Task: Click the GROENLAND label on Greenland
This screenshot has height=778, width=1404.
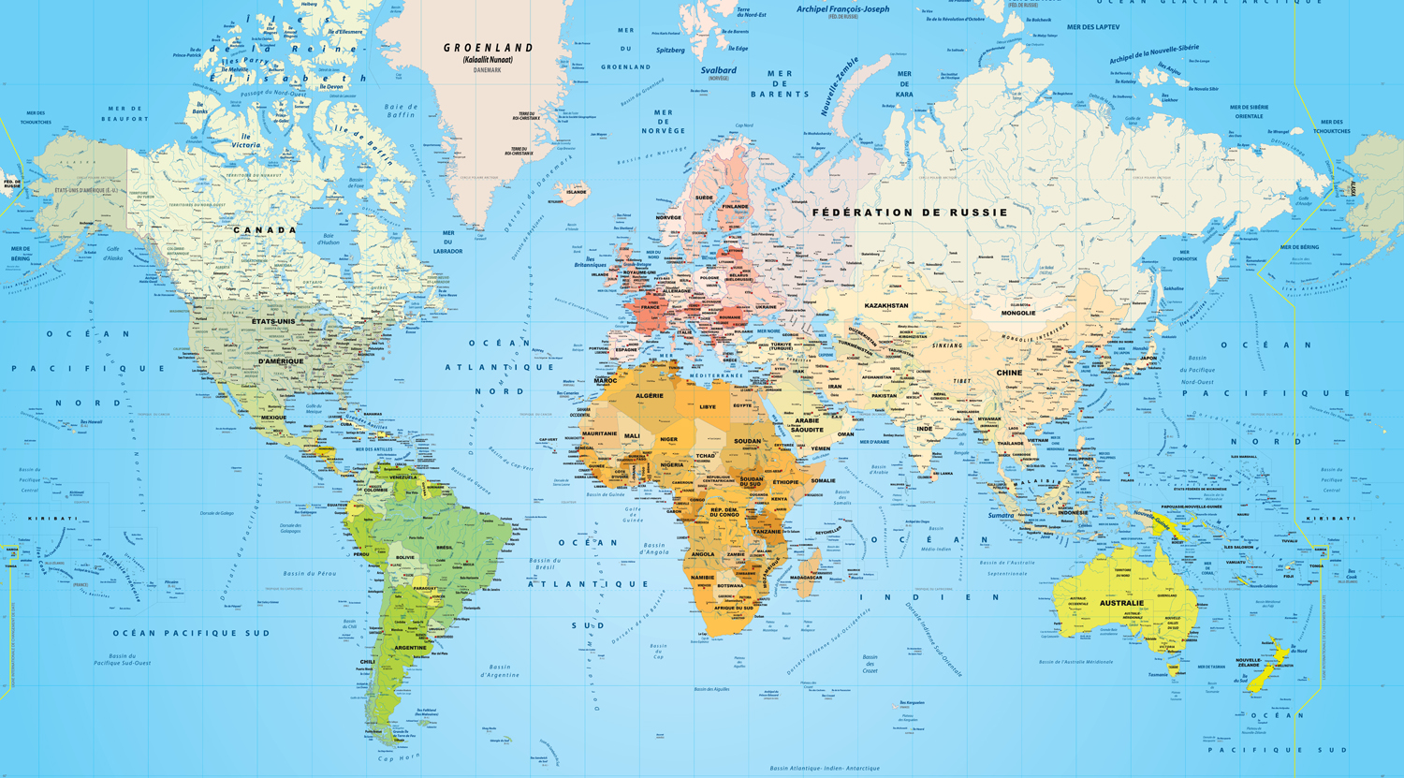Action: (x=488, y=48)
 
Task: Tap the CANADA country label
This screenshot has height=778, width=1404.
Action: (x=265, y=229)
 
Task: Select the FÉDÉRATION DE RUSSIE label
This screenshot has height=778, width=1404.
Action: (x=910, y=213)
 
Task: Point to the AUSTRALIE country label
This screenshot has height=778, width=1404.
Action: (x=1121, y=603)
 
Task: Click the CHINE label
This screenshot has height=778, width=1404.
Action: (x=1009, y=373)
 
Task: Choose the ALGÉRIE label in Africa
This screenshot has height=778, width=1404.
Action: (x=650, y=396)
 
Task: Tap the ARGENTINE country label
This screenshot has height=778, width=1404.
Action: (x=410, y=648)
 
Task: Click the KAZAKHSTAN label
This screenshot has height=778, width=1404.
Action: (x=885, y=305)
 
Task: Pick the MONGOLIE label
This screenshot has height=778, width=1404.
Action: (x=1018, y=313)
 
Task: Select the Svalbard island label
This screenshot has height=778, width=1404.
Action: (x=719, y=70)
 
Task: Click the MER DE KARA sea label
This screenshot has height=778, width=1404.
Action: (x=904, y=84)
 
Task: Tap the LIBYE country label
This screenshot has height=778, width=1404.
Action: (x=708, y=406)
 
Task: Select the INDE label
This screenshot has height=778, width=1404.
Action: (x=925, y=428)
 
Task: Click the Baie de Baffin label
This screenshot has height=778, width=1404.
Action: (x=401, y=110)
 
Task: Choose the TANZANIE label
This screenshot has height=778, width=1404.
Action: (x=767, y=532)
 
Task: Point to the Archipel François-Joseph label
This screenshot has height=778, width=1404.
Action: (x=842, y=9)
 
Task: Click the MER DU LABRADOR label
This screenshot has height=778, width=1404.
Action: (x=448, y=242)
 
